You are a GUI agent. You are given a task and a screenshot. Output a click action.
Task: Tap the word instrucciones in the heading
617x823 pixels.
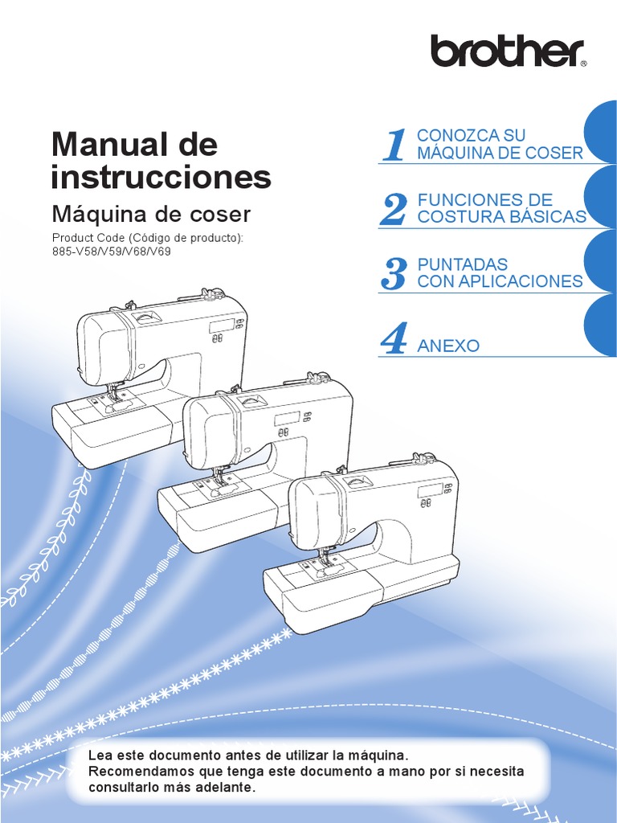161,177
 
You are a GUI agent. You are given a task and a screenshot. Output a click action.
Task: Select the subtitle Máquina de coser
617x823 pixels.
151,215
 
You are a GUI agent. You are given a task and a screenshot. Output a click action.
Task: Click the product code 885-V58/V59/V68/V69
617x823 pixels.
112,251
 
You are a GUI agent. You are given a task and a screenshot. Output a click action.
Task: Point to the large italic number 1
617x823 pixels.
394,145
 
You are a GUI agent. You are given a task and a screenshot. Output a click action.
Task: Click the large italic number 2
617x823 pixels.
393,210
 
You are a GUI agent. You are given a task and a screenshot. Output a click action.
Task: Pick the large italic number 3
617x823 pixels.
393,274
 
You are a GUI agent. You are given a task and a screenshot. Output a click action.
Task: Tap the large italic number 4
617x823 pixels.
394,338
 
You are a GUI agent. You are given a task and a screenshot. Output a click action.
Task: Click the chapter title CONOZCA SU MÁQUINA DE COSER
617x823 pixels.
499,144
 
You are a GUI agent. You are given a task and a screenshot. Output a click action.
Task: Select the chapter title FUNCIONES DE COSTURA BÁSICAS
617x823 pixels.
501,208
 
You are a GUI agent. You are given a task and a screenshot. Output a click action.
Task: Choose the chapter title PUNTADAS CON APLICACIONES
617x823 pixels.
499,272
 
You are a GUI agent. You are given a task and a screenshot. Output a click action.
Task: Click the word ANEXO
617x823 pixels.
448,346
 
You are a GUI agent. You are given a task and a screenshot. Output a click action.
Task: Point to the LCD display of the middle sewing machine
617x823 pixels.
286,419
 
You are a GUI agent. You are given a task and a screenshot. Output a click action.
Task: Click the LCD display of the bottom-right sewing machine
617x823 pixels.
429,491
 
